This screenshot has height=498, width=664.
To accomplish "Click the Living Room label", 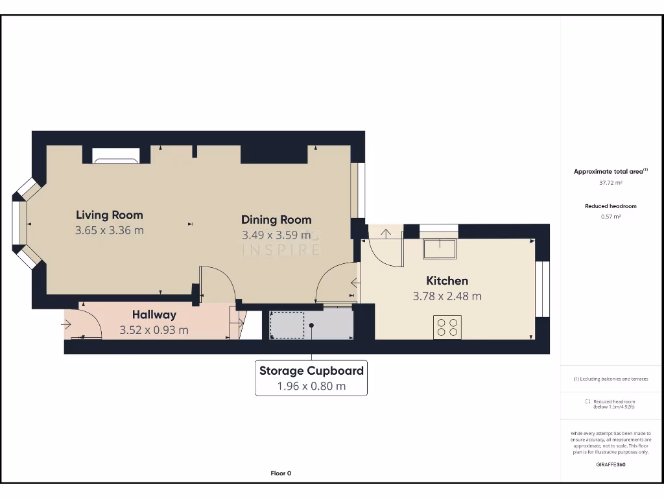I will coord(109,215).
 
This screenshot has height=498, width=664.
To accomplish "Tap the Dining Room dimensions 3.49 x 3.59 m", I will coord(276,235).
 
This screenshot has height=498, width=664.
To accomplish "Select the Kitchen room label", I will coord(447,281).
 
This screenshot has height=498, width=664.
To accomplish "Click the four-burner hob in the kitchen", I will coord(447,327).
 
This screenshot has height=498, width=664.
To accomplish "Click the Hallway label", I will coord(154,314).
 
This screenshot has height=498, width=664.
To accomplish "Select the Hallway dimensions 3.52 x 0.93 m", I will coord(154,330).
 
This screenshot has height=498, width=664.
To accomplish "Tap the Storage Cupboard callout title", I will coord(311,371).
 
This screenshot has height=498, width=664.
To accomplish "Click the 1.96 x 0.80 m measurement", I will coord(311,386).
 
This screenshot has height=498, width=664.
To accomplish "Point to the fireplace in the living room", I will coord(115,155).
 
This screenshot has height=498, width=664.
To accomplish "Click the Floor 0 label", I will coord(281,473).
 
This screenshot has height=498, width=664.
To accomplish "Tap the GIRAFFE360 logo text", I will coord(610,464).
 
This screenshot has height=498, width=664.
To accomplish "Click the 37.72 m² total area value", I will coord(610,183).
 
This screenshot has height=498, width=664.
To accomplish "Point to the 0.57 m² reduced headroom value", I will coord(610,217).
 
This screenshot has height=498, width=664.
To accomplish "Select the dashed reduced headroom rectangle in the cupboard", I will coord(287,325).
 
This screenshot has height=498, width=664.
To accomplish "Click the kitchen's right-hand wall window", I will coord(542,289).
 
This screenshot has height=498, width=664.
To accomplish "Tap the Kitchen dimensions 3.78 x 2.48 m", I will coord(447,296).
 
